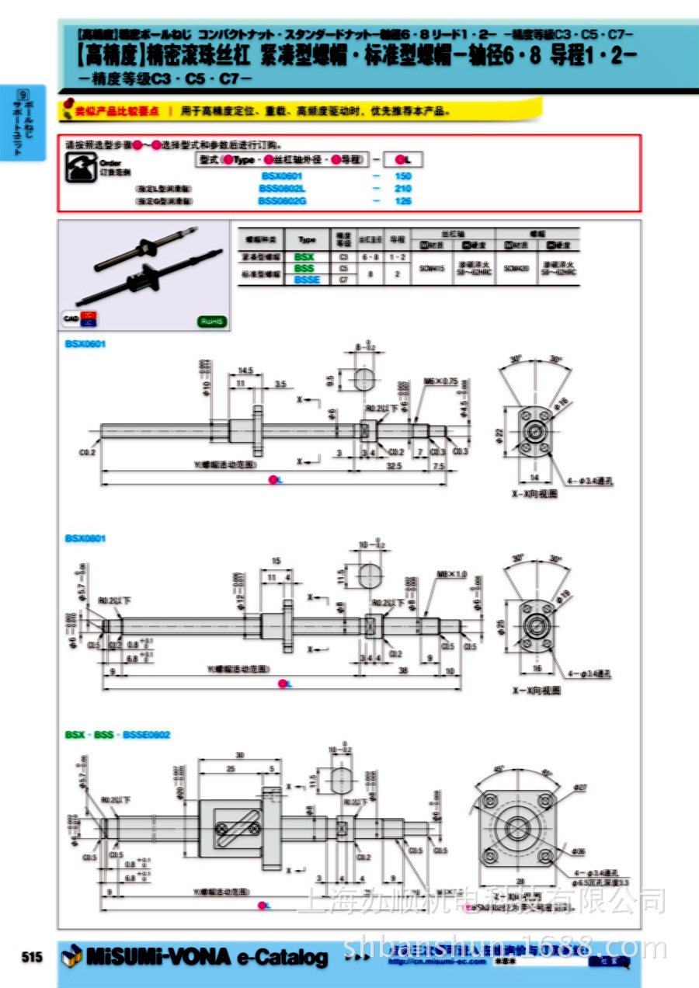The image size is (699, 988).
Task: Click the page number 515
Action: tap(32, 957)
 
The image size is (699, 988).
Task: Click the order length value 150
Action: tap(402, 176)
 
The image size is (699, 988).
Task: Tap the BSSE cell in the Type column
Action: tap(305, 280)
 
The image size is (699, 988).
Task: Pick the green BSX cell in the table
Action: tap(305, 256)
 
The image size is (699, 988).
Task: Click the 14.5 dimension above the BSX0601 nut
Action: tap(247, 370)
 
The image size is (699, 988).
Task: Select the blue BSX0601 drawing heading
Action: tap(85, 343)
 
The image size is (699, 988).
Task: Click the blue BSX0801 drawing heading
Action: tap(85, 538)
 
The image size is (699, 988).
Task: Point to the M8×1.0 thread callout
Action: tap(452, 574)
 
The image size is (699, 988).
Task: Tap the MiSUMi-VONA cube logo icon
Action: tap(71, 956)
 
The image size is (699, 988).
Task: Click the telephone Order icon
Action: tap(79, 166)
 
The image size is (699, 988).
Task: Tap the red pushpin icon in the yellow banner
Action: tap(68, 105)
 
